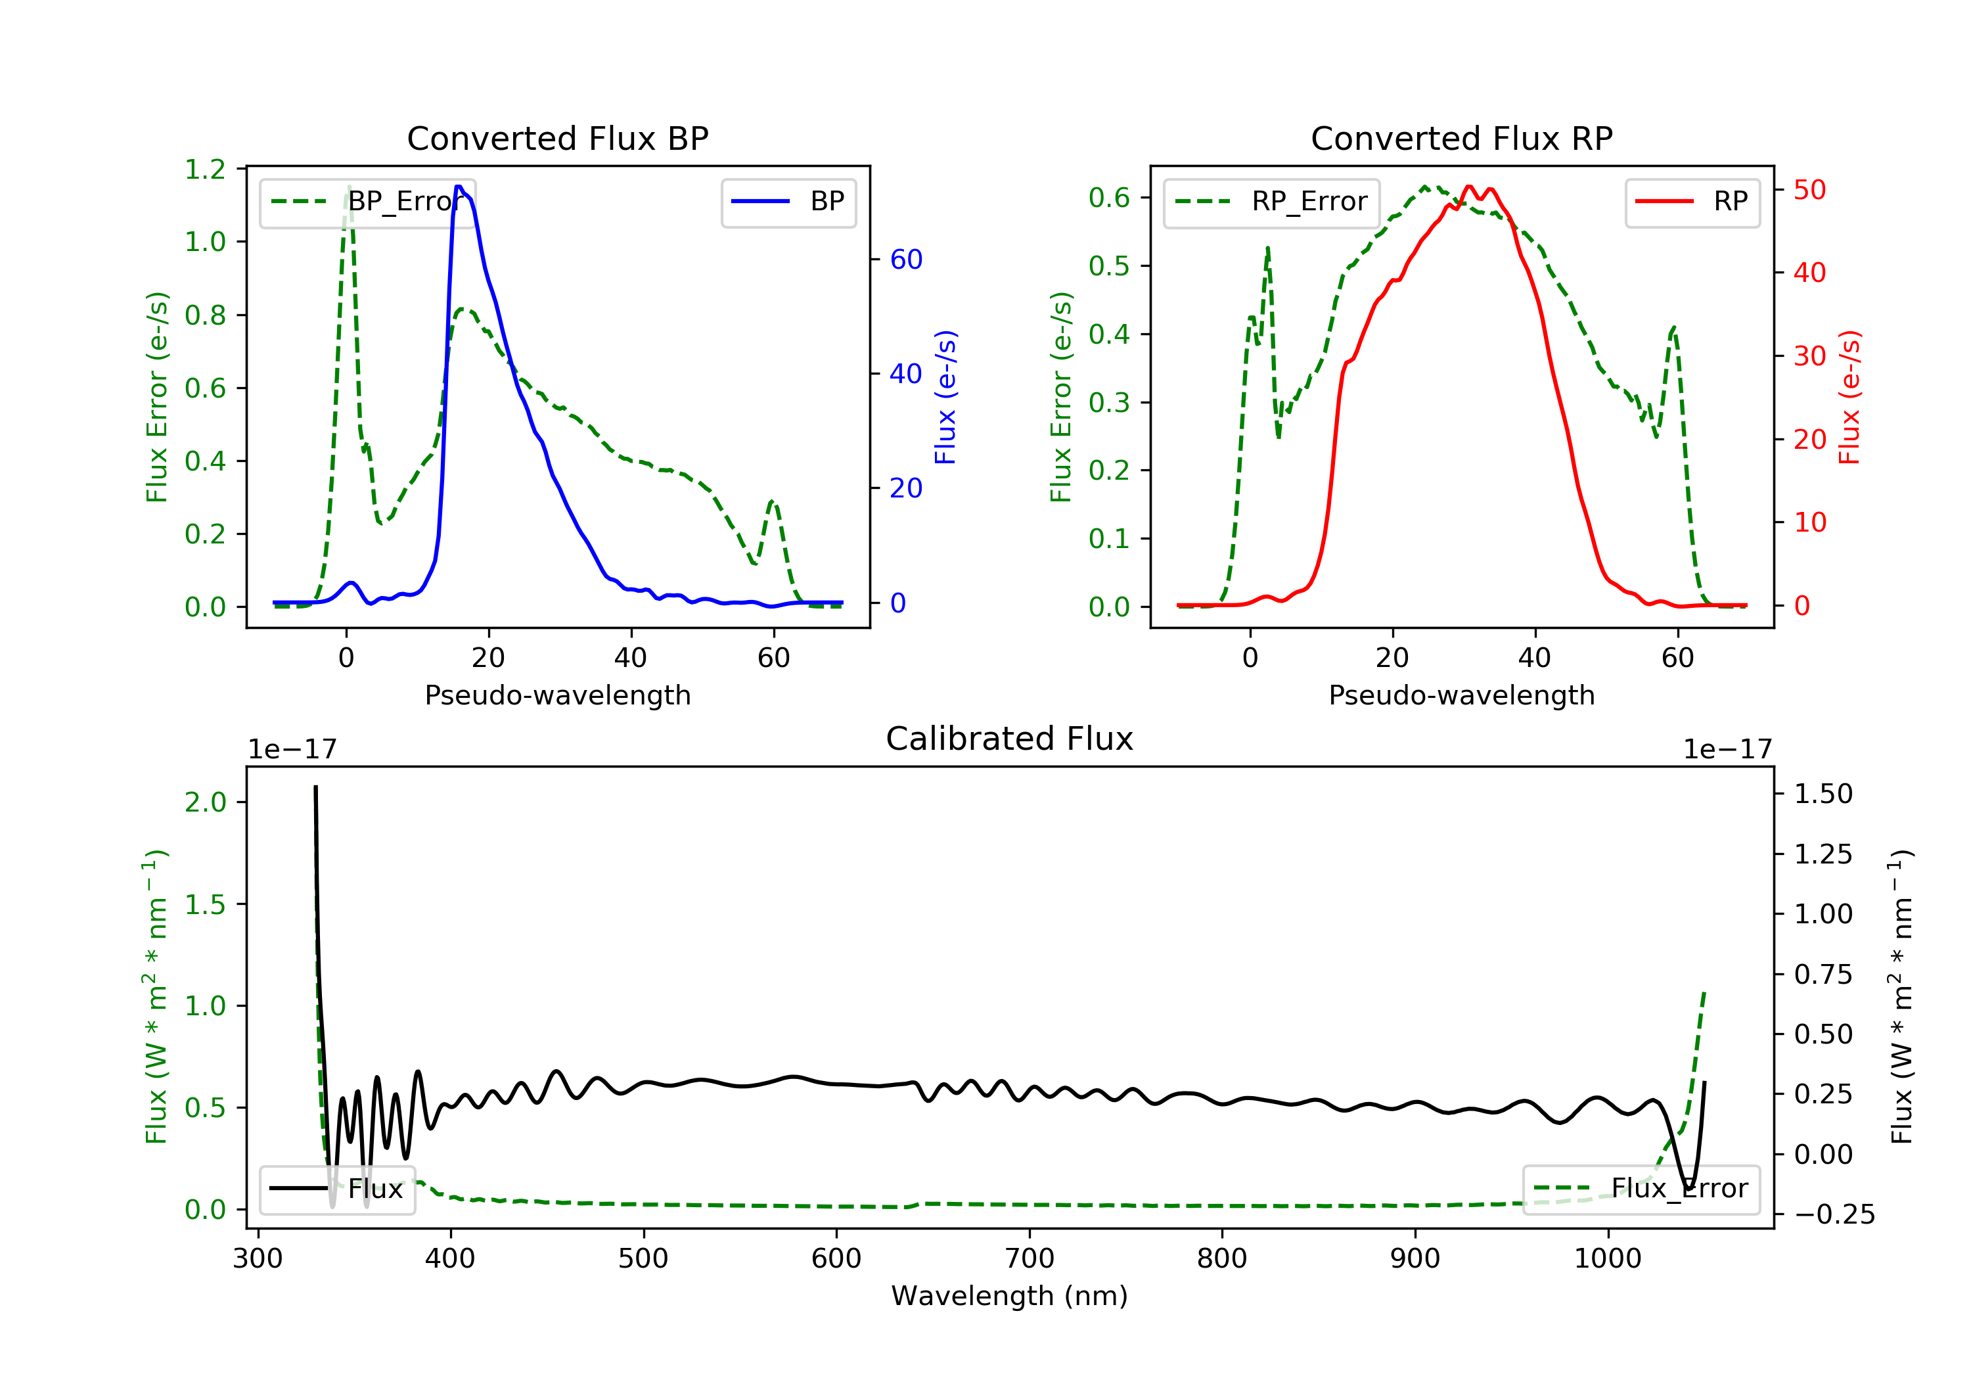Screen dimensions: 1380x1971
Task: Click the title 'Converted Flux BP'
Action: pos(557,138)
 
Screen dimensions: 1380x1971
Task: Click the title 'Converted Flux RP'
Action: pos(1461,138)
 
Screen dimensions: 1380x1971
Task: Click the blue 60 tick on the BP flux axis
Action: pos(905,260)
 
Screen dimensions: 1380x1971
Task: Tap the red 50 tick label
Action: pos(1809,190)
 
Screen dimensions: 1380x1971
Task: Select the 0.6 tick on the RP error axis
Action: pos(1109,198)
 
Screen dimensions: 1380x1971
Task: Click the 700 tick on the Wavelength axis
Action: pos(1030,1259)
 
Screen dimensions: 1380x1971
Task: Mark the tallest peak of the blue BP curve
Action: pos(459,187)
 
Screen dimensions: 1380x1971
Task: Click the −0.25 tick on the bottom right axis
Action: pos(1834,1214)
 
